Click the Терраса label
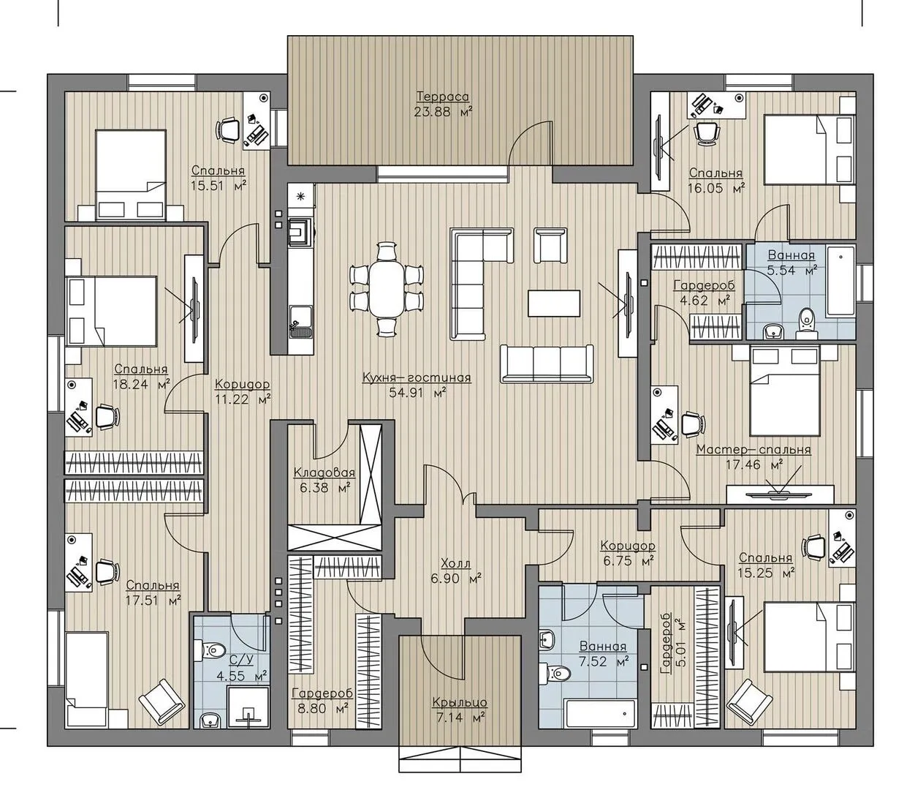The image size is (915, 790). (443, 96)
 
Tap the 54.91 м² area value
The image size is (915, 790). (417, 392)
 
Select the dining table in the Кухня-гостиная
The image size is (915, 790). (387, 288)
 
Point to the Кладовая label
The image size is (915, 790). (324, 473)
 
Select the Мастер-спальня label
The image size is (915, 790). (754, 449)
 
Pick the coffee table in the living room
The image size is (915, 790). (554, 303)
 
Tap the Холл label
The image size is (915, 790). (456, 563)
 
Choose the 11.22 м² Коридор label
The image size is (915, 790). (243, 384)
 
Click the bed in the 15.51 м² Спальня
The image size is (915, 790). (131, 175)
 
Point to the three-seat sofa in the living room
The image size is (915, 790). (547, 363)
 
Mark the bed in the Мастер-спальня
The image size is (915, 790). (784, 391)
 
